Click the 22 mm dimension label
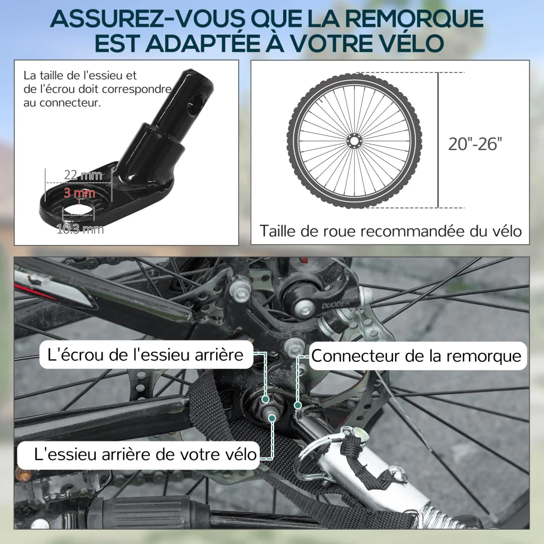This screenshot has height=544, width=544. click(x=83, y=175)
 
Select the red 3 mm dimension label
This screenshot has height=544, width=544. click(x=80, y=192)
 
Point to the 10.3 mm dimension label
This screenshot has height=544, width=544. click(x=80, y=229)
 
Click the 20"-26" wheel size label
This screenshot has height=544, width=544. click(x=475, y=143)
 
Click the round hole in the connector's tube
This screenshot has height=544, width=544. click(x=195, y=106)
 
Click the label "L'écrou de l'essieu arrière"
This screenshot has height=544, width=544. click(x=146, y=354)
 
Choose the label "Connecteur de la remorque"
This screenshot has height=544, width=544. click(x=416, y=355)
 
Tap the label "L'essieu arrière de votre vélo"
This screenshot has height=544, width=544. click(x=146, y=454)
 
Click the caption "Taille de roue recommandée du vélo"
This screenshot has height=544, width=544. click(x=390, y=231)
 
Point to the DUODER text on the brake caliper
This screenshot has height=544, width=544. click(x=336, y=304)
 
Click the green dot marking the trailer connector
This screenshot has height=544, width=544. click(x=297, y=405)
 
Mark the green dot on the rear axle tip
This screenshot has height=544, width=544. click(x=273, y=418)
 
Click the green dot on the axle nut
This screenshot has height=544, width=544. click(x=266, y=399)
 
